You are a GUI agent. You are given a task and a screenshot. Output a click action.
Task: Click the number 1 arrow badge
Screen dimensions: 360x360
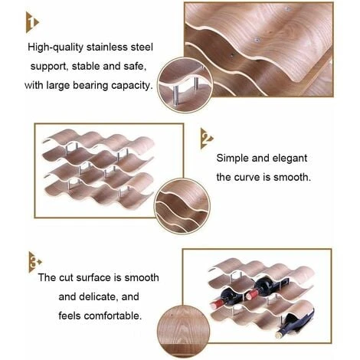point(31,22)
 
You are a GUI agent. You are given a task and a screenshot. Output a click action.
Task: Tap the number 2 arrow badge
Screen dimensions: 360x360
point(206,139)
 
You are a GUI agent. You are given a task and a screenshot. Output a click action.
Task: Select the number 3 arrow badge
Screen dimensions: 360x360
point(34,262)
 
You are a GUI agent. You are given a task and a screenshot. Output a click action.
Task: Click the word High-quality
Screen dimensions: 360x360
point(56,47)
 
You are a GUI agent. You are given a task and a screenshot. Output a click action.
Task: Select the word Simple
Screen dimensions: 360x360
point(233,159)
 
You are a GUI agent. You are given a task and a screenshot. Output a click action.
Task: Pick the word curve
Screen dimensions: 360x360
point(247,177)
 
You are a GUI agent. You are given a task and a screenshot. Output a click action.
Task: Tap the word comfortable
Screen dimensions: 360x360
point(113,316)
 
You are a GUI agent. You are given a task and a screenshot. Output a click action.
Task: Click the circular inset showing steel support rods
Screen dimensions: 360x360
point(185,85)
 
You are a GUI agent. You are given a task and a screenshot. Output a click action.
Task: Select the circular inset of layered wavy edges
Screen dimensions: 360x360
point(182,206)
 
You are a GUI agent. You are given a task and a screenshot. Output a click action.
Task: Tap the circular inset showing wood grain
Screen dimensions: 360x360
point(184,331)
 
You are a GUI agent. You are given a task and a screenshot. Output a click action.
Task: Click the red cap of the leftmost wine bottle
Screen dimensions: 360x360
point(217,305)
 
